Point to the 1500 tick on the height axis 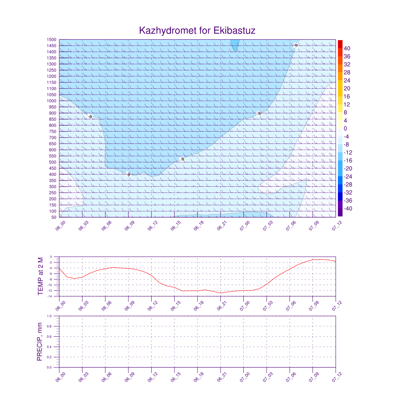(x=52, y=40)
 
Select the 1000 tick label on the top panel (x=52, y=101)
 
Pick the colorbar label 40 (x=347, y=48)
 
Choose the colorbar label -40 (x=346, y=209)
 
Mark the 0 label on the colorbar (x=345, y=128)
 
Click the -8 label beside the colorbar (x=346, y=145)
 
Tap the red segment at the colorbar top (x=340, y=44)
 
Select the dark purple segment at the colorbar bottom (x=340, y=212)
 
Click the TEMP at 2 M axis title (x=41, y=276)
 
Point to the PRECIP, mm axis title (x=40, y=342)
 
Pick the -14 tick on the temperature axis (x=51, y=296)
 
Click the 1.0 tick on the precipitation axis (x=49, y=316)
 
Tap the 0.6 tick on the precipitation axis (x=49, y=337)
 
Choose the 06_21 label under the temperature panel (x=221, y=306)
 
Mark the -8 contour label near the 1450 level (x=296, y=46)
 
